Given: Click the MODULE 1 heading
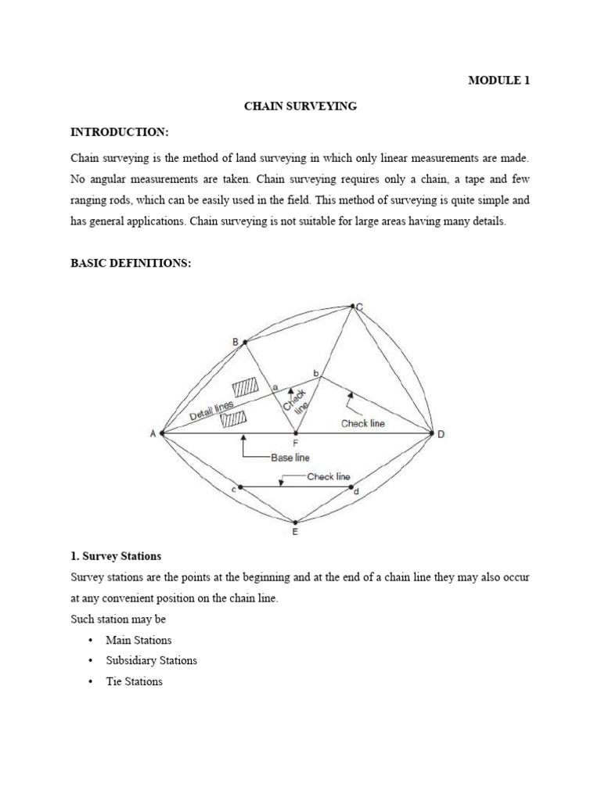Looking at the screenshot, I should (x=498, y=80).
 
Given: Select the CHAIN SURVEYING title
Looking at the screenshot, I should (x=300, y=106).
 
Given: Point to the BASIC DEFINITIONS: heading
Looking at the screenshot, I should (x=131, y=263).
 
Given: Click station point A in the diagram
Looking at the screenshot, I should (x=161, y=433).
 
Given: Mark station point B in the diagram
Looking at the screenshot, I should (x=245, y=342).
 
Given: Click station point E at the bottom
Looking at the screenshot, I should (x=295, y=523).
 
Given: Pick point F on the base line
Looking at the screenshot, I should (x=295, y=433).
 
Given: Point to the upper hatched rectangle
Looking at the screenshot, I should (x=245, y=388).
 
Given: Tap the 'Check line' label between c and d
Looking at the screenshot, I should (x=329, y=476).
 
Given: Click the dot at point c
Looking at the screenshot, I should (x=239, y=487).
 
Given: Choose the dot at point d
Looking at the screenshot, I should (x=351, y=487).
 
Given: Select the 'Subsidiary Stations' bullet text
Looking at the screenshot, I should (x=151, y=660).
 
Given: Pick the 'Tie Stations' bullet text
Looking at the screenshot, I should (x=134, y=681).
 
